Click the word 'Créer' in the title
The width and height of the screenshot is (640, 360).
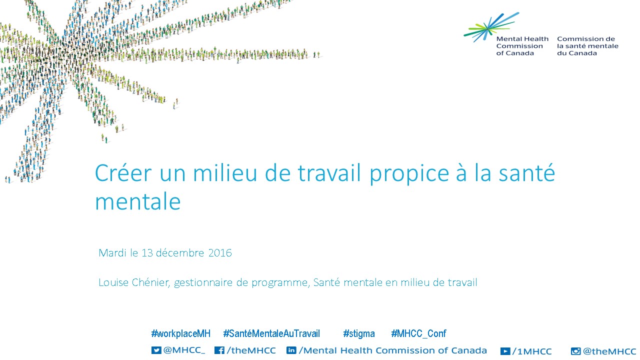coord(123,173)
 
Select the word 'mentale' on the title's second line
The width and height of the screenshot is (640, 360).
coord(137,201)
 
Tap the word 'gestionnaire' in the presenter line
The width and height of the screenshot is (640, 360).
coord(203,283)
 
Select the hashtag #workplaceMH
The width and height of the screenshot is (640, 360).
coord(180,333)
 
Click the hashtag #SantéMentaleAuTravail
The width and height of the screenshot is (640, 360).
coord(271,333)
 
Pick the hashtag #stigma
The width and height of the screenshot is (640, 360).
coord(359,333)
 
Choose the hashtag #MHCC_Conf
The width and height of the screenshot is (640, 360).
coord(418,333)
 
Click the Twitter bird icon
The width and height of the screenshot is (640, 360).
coord(156,350)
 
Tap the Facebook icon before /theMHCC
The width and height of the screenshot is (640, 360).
coord(219,350)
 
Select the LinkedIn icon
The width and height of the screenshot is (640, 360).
coord(291,350)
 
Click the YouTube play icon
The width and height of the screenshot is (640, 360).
coord(505,351)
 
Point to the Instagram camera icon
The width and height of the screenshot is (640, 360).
coord(575,351)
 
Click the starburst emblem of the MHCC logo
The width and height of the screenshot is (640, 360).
coord(491,27)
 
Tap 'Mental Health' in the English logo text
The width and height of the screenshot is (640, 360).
coord(522,39)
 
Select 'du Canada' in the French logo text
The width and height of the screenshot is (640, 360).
coord(577,53)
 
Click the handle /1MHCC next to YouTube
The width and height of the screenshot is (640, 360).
coord(531,351)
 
